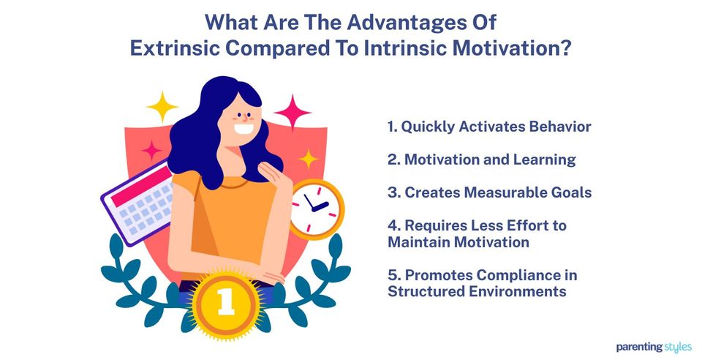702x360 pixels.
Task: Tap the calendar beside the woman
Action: [139, 203]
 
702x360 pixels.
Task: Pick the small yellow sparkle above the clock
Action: [309, 158]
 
